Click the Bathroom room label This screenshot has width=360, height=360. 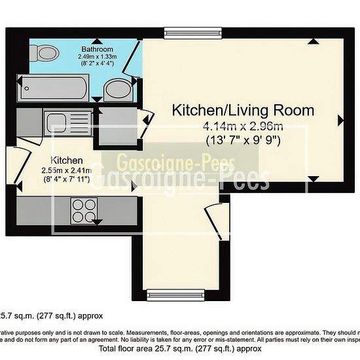(98, 50)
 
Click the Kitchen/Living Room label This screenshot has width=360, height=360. (243, 110)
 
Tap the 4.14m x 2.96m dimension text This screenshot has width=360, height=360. (242, 126)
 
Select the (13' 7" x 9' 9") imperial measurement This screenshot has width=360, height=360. (242, 139)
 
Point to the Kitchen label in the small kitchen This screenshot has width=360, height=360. (66, 160)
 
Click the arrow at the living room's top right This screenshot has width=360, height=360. (314, 41)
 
